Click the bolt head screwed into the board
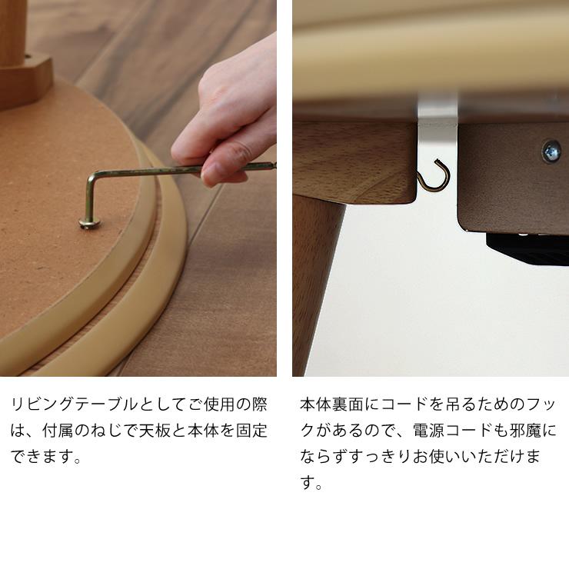[x=90, y=222]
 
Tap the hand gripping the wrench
[x=231, y=123]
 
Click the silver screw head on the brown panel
[x=551, y=151]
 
